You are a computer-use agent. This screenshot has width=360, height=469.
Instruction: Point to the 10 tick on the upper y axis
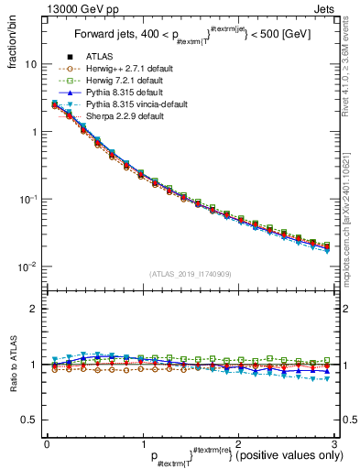point(31,65)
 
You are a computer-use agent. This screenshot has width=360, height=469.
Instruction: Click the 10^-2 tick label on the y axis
point(27,267)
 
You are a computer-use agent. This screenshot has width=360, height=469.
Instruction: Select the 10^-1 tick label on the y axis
point(27,200)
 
